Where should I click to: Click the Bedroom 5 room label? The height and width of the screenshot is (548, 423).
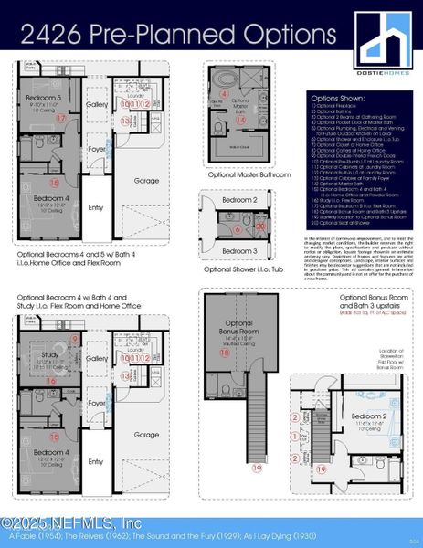pos(42,97)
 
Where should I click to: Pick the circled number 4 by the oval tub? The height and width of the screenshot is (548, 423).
pos(225,93)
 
